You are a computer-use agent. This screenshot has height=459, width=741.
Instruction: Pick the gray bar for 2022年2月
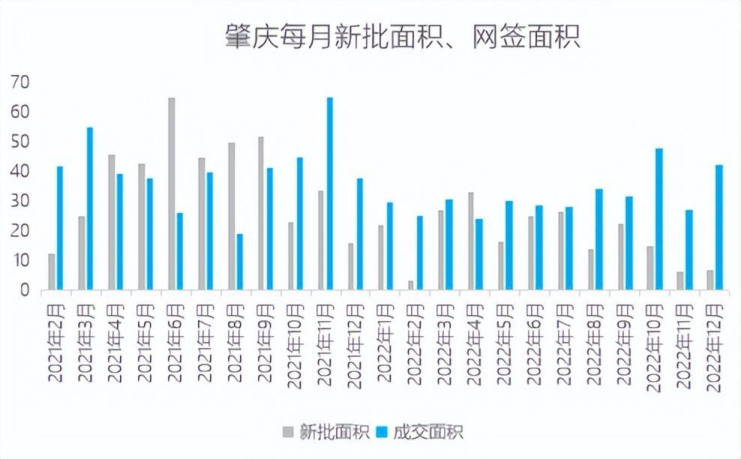click(x=411, y=286)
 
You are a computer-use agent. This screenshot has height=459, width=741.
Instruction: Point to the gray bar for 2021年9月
click(x=261, y=213)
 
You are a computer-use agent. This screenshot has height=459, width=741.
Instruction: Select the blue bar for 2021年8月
click(x=240, y=262)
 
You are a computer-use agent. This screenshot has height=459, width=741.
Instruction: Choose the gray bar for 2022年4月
click(x=471, y=241)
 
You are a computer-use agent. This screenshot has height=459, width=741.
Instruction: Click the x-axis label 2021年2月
click(x=58, y=342)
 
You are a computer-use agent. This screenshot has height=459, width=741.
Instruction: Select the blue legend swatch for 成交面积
click(x=382, y=431)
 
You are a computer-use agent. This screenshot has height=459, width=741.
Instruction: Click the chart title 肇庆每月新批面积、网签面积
click(x=403, y=37)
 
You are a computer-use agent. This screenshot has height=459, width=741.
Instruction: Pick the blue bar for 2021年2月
click(x=60, y=228)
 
